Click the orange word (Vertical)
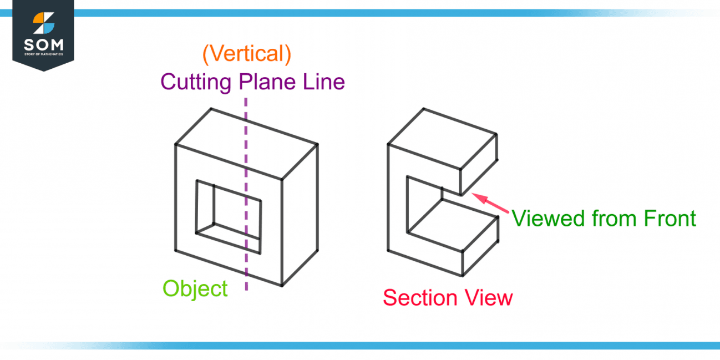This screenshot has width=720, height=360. pos(247,54)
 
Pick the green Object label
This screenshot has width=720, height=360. pos(195,289)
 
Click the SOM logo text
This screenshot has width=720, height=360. pos(43,44)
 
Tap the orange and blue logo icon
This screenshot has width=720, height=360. pos(43,23)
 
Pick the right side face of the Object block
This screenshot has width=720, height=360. pos(300,216)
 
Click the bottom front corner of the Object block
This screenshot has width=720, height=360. pos(281,286)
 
